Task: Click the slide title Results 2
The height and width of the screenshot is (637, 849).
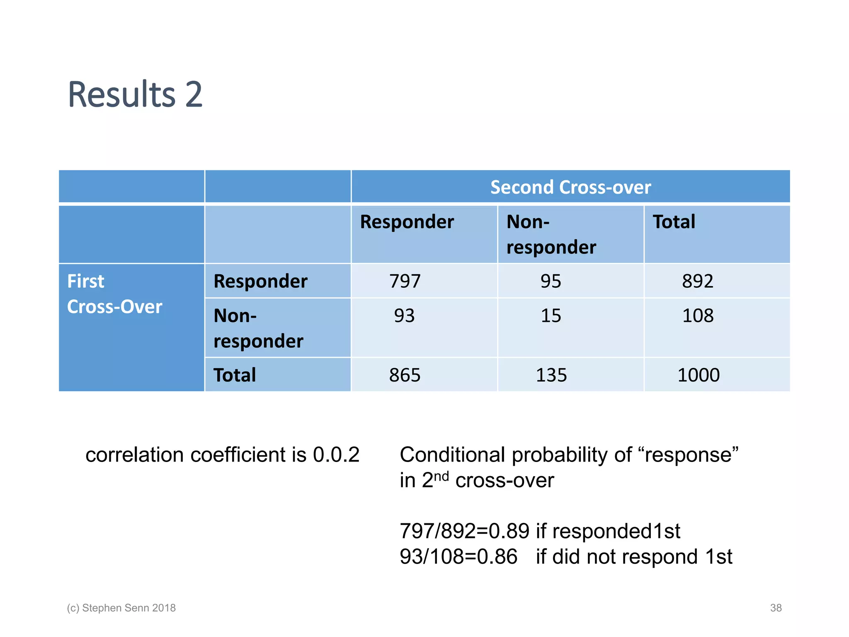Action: (x=135, y=95)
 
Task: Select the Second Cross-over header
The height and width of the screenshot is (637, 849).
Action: (x=570, y=187)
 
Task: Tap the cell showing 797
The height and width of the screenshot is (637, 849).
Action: (x=405, y=281)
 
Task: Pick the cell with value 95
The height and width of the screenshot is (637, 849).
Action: (x=551, y=281)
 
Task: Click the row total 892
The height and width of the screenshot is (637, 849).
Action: (x=698, y=281)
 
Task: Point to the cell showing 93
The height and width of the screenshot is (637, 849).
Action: (x=404, y=316)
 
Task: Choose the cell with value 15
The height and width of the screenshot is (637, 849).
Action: (x=551, y=316)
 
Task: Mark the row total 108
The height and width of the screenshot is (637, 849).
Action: (x=698, y=316)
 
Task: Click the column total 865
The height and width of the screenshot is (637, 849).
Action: (x=405, y=375)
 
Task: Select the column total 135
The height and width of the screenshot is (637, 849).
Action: (x=551, y=375)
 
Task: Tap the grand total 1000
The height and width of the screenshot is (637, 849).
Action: (x=698, y=375)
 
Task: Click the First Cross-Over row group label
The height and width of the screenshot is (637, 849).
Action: (x=114, y=294)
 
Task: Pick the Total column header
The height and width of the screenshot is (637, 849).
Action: (x=674, y=222)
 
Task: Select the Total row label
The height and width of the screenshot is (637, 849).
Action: (x=235, y=375)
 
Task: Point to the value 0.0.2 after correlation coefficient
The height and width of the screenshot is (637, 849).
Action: (x=336, y=455)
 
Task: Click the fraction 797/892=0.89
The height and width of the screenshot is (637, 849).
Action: (x=464, y=531)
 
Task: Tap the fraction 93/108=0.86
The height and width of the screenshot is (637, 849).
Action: (x=458, y=557)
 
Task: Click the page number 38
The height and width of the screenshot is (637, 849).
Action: (x=776, y=608)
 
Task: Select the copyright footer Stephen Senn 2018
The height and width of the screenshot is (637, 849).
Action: (x=121, y=608)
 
